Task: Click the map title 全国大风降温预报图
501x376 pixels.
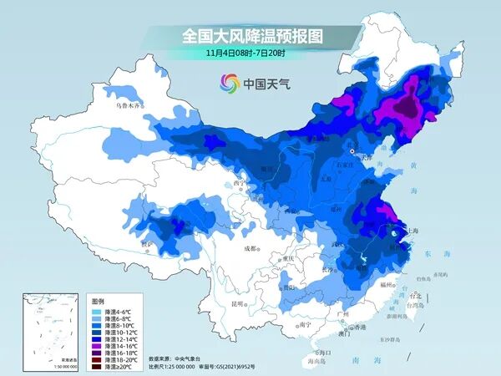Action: click(x=250, y=37)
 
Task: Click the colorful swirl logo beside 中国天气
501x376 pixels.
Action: click(x=230, y=83)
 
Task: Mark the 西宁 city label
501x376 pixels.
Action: click(x=240, y=182)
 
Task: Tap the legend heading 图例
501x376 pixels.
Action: click(x=99, y=300)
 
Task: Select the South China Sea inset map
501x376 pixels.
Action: click(x=52, y=330)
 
